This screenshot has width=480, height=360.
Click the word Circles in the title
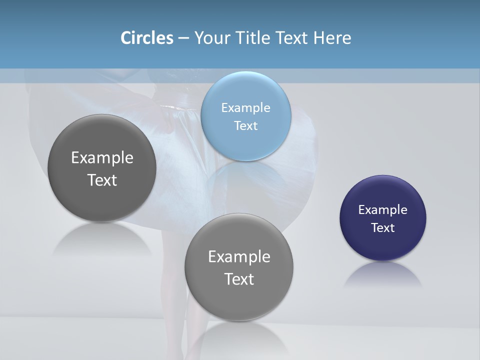(147, 38)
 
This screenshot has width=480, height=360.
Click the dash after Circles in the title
(183, 38)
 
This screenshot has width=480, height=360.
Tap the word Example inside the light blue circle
(245, 108)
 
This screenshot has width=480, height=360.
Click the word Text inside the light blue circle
(245, 126)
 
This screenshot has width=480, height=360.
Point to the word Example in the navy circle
(383, 210)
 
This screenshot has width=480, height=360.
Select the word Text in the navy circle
(383, 228)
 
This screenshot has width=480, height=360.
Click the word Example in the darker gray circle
(102, 158)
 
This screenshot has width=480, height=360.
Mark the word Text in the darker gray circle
(102, 180)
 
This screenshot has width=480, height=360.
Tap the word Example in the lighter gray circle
(239, 257)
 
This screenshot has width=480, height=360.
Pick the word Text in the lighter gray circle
(239, 279)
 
